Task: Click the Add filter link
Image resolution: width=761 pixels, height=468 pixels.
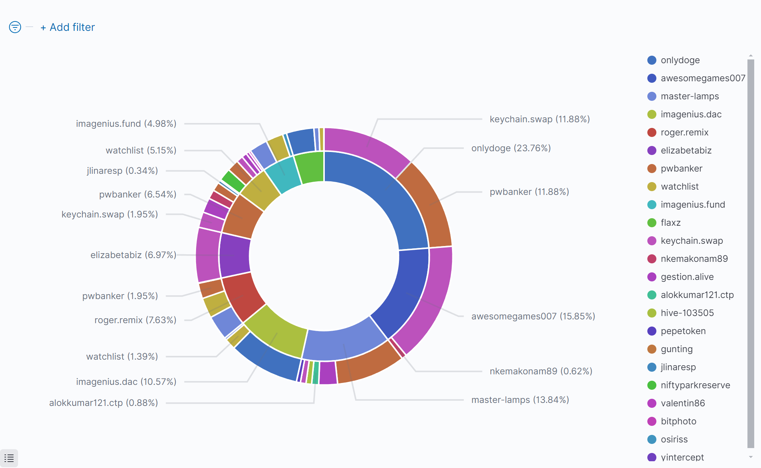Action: click(x=68, y=27)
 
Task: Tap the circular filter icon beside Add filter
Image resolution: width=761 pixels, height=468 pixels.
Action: click(x=15, y=27)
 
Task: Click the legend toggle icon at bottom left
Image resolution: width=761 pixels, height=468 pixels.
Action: click(x=9, y=458)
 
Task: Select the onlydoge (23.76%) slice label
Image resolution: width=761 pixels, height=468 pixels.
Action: click(x=511, y=148)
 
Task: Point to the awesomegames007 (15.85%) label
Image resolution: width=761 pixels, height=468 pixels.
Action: click(x=533, y=316)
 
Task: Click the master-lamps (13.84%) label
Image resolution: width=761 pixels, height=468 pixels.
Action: click(x=520, y=400)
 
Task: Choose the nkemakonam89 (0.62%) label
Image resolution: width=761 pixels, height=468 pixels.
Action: click(x=540, y=371)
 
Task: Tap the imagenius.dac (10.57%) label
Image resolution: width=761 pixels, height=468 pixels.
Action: click(x=126, y=382)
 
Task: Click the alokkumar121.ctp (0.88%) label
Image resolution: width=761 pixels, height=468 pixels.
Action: click(x=103, y=403)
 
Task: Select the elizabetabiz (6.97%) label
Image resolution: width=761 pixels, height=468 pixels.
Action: click(x=133, y=255)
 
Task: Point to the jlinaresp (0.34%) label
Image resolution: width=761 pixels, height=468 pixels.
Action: click(x=122, y=171)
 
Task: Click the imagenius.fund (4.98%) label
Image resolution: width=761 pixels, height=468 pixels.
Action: click(x=126, y=124)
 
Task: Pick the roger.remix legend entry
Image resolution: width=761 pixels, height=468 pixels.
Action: click(x=684, y=132)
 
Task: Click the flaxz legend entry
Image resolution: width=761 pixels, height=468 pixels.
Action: click(x=670, y=223)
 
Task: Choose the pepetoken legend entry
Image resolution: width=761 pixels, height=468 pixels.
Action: click(x=683, y=331)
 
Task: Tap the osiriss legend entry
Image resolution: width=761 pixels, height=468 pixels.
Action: click(x=674, y=439)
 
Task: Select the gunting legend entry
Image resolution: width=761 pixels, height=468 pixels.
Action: click(x=676, y=349)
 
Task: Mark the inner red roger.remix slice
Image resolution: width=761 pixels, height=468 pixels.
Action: click(x=243, y=296)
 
